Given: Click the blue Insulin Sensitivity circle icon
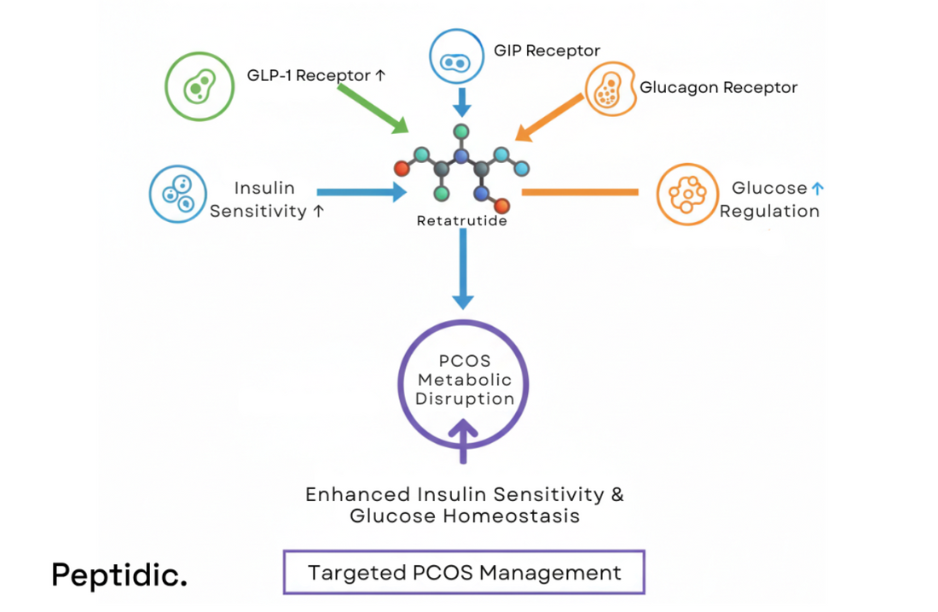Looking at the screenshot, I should coord(179,194).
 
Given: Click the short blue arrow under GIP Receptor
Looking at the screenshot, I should coord(461,102).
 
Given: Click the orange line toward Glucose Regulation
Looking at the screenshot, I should coord(580,192).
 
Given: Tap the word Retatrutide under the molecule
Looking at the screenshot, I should coord(462,221).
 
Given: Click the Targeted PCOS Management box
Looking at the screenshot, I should coord(464,572).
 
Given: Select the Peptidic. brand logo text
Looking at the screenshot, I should coord(119,574).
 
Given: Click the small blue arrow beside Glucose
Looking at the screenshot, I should coord(818,189).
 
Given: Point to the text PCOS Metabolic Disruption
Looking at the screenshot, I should coord(465,380).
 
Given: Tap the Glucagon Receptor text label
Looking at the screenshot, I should coord(718,88).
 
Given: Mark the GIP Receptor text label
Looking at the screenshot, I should coord(547,50).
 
